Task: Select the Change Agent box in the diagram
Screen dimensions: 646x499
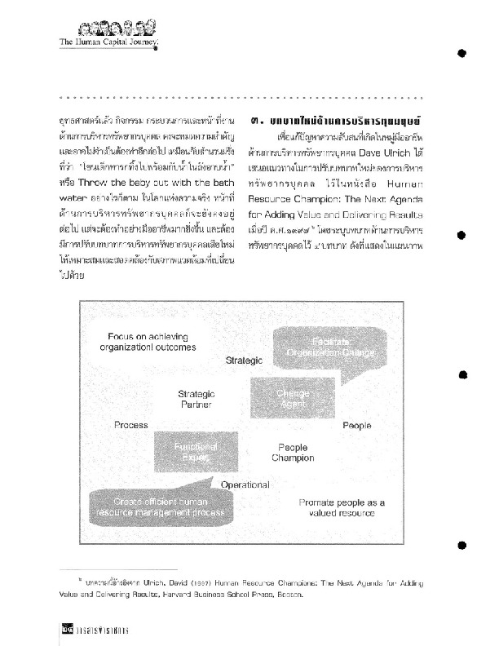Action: point(292,397)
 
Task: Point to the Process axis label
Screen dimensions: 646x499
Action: point(131,425)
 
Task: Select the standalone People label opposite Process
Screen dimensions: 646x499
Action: point(357,425)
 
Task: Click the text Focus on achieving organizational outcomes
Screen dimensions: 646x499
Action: point(152,340)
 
